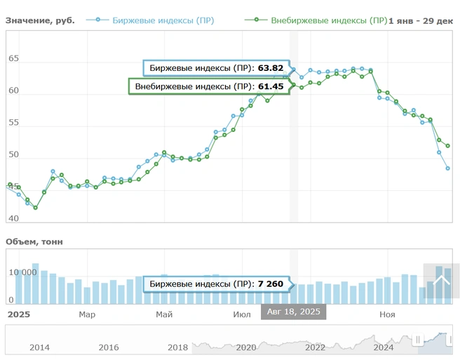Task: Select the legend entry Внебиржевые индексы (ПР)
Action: click(328, 20)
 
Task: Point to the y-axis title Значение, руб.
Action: click(40, 20)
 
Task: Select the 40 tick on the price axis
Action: click(14, 218)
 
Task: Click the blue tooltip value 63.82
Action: click(271, 68)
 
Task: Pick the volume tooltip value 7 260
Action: click(269, 284)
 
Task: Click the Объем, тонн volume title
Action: click(34, 241)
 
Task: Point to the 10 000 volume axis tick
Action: click(20, 273)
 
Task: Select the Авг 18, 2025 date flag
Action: click(293, 312)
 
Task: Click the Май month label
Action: click(165, 314)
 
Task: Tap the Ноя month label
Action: click(386, 314)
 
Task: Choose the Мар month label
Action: click(87, 314)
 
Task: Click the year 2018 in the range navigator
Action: click(178, 347)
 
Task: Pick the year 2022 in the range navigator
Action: click(316, 347)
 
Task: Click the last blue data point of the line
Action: click(447, 168)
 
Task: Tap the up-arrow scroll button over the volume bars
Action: click(441, 281)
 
